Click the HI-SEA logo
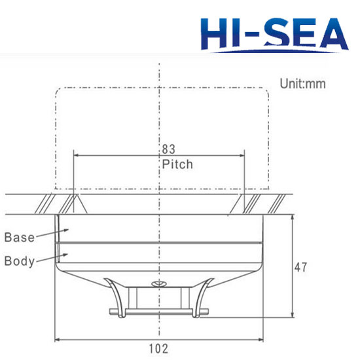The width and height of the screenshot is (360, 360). point(275,35)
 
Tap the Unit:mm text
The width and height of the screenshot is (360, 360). point(302,84)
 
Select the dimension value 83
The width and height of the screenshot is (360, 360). point(168,149)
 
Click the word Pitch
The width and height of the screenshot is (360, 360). point(177,164)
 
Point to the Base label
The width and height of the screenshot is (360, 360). point(20,238)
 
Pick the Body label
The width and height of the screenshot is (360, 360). point(20,261)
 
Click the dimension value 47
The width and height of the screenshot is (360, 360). point(300,268)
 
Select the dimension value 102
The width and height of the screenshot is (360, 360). point(158,348)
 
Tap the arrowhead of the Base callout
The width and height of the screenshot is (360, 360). point(66,230)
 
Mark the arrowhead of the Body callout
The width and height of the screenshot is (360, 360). point(65,255)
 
